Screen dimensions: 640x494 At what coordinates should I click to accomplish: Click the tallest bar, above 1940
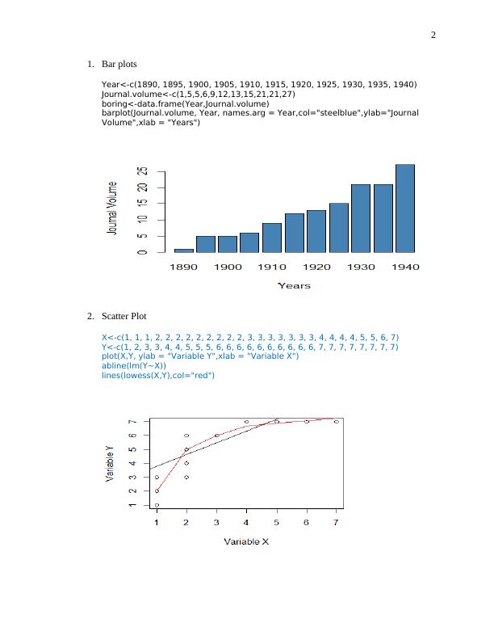405,208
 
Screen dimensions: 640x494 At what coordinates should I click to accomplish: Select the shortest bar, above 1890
184,251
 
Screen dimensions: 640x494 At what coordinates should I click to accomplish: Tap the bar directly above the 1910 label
272,238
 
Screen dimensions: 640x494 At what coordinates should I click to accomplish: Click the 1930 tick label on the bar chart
361,267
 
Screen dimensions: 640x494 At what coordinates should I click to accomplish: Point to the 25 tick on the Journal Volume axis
143,172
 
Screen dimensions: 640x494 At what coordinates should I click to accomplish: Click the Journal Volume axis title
113,208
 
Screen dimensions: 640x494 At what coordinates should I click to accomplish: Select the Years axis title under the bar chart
294,285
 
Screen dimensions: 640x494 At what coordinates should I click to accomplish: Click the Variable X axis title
246,541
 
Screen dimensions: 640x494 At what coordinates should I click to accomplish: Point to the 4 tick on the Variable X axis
246,523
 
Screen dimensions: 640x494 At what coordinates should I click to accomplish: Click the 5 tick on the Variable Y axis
132,449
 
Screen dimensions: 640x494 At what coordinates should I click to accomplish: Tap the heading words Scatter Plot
123,316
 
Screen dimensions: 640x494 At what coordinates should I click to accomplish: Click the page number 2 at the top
433,35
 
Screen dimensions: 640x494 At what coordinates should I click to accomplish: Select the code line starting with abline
133,365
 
